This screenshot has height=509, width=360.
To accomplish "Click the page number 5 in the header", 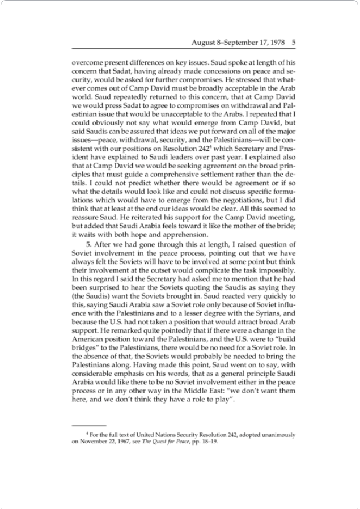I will point(293,41).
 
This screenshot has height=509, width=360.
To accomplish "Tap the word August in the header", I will point(206,41).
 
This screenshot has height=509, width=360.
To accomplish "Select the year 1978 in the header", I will point(276,41).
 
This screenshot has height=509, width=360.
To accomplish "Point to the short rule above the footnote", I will point(89,425).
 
